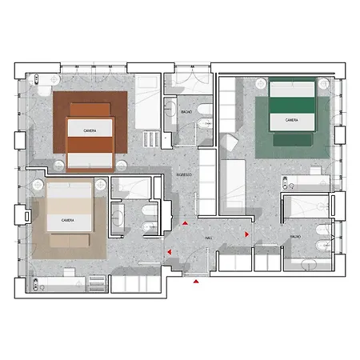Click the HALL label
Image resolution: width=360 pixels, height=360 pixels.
point(208,238)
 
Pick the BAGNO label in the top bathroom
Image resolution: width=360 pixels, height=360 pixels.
point(186,111)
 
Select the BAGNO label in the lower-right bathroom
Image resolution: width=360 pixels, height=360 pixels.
point(295,238)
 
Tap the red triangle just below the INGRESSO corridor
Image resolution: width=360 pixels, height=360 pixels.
point(184,225)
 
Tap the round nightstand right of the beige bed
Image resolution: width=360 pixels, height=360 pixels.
point(100,184)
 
